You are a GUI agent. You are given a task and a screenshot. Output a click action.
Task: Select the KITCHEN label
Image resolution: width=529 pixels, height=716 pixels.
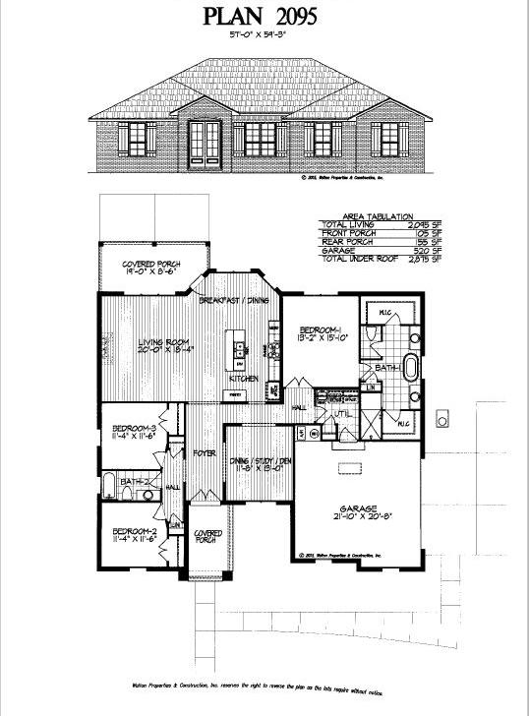click(x=243, y=378)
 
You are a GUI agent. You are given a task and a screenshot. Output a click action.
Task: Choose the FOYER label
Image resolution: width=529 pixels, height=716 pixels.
click(x=204, y=453)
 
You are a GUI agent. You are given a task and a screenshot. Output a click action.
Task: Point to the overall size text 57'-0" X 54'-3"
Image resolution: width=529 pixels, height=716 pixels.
click(x=264, y=34)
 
